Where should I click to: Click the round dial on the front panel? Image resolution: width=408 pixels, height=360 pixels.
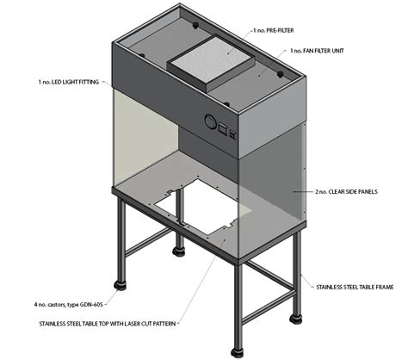[208, 121]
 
